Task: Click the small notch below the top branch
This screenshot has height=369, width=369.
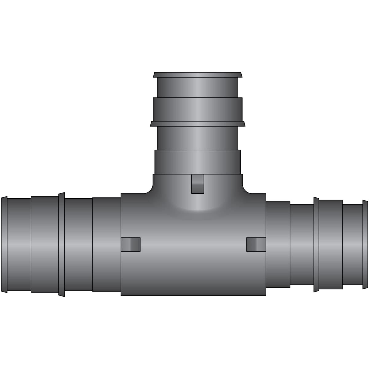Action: (197, 184)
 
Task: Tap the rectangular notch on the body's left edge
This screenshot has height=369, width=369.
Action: (131, 244)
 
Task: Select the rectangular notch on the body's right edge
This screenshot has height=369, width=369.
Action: (256, 244)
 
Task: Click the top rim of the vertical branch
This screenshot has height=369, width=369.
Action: (198, 75)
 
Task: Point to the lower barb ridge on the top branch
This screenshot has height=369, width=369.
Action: (198, 124)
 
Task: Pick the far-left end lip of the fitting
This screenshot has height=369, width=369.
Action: (4, 245)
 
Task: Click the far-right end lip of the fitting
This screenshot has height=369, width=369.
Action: (365, 245)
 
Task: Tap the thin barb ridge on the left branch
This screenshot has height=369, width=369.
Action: (61, 245)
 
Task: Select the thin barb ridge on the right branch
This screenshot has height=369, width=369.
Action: (316, 245)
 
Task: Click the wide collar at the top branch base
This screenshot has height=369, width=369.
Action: (198, 162)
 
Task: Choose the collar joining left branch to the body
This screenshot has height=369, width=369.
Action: (106, 245)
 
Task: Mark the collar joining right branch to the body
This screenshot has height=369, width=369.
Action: (278, 245)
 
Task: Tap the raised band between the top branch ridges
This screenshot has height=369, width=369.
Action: (198, 109)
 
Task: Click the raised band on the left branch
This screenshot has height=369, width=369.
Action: (45, 245)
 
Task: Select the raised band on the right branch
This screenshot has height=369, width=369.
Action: (331, 245)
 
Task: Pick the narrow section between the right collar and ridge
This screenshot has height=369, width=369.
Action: (302, 245)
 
